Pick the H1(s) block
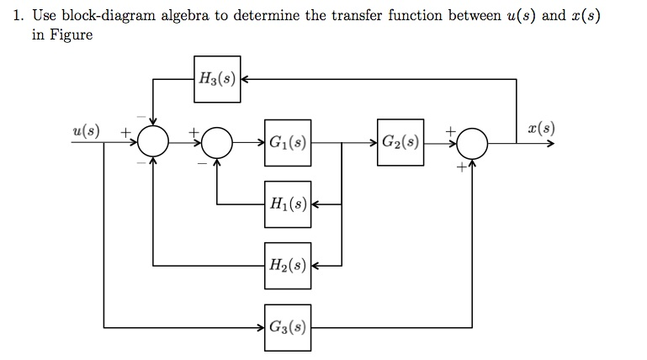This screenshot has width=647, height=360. [x=288, y=204]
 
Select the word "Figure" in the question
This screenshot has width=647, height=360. [x=70, y=35]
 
